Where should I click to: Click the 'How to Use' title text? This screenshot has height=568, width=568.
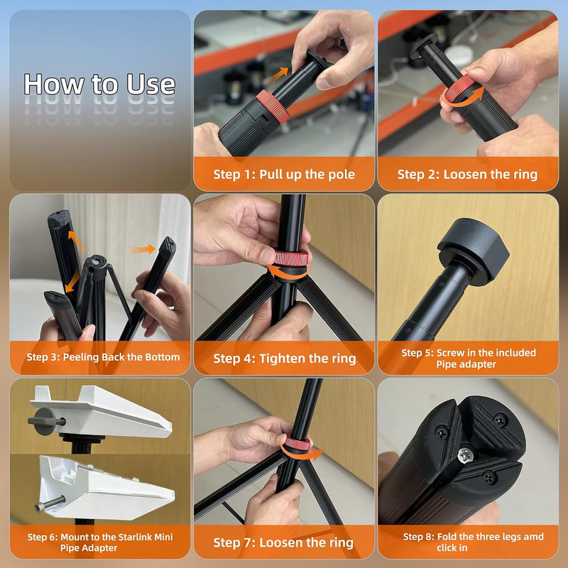(99, 84)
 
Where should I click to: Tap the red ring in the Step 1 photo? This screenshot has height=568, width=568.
(273, 107)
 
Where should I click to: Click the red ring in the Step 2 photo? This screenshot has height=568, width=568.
(459, 88)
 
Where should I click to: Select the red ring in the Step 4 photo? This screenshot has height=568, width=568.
(291, 258)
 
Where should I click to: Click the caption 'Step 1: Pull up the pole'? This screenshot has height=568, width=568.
(284, 174)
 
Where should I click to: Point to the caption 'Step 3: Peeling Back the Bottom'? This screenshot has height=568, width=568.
(103, 357)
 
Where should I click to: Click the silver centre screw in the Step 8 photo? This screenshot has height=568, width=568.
(464, 455)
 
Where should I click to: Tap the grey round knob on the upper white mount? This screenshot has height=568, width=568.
(45, 421)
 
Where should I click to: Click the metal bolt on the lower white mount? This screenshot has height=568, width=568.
(50, 504)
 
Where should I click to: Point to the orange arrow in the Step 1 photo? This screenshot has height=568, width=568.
(279, 76)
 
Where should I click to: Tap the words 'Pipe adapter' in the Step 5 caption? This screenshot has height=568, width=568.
(466, 364)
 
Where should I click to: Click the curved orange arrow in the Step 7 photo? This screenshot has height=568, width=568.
(301, 454)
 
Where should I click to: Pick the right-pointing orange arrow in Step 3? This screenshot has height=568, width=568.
(143, 250)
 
